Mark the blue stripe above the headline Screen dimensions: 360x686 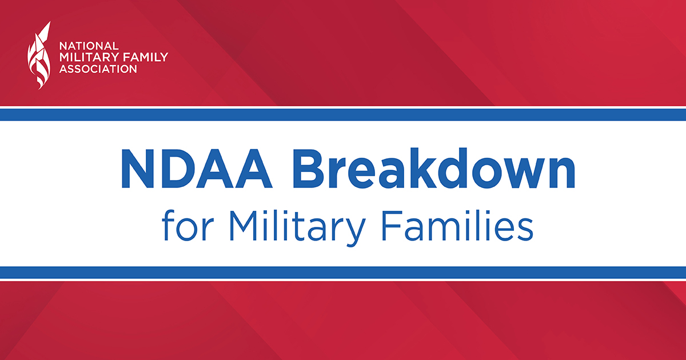pos(343,115)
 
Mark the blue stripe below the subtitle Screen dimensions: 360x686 pos(343,273)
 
